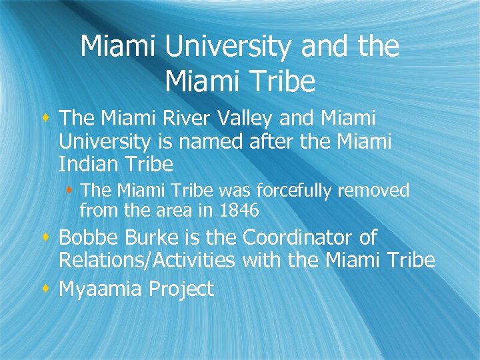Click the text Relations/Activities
(x=147, y=260)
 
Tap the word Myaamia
(x=101, y=289)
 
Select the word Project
(x=181, y=289)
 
